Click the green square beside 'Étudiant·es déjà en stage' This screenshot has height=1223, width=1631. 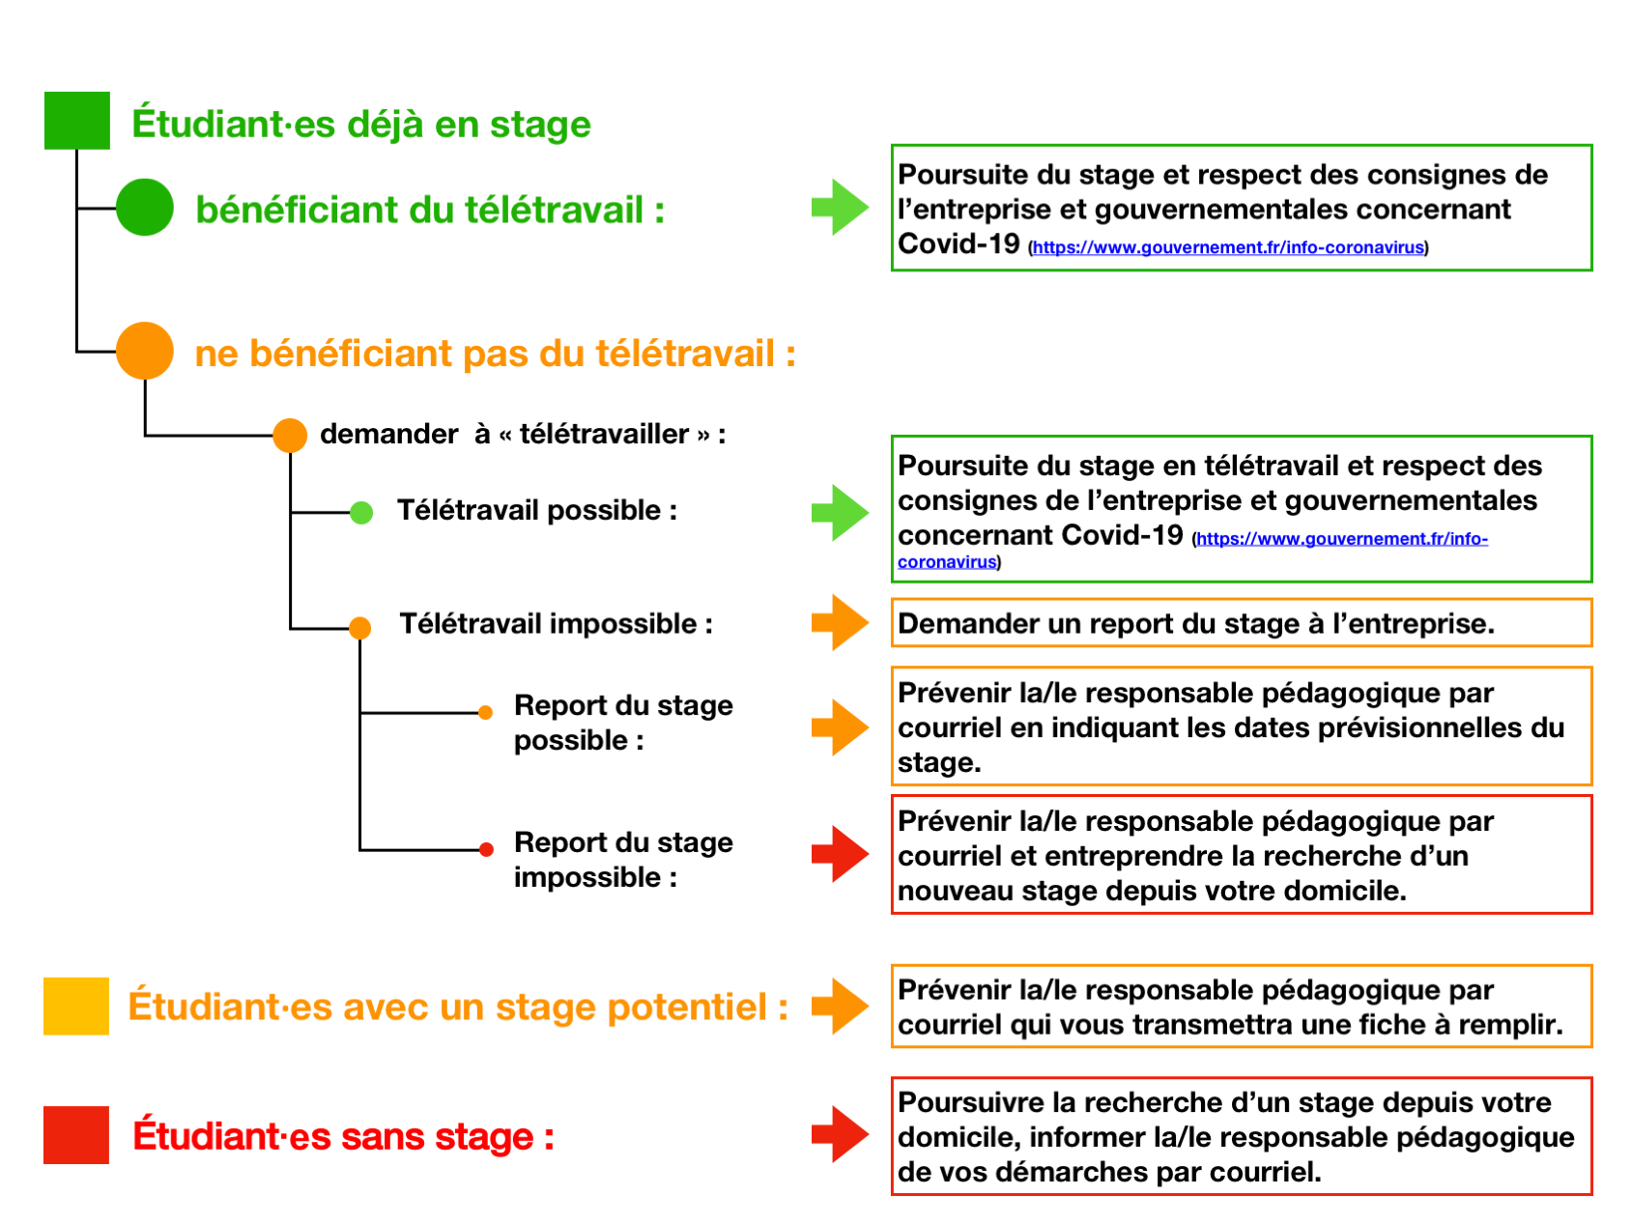click(77, 121)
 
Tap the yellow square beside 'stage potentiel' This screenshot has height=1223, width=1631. click(76, 1007)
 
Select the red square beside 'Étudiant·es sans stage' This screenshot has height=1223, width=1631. click(76, 1135)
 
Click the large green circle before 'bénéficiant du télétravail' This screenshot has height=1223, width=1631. click(145, 208)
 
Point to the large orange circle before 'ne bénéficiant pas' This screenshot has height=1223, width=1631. click(145, 351)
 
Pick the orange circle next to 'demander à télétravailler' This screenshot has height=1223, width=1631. click(290, 436)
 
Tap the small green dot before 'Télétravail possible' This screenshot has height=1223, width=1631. click(361, 513)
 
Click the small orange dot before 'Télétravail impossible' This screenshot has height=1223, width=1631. click(359, 629)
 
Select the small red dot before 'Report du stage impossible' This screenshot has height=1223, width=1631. click(487, 850)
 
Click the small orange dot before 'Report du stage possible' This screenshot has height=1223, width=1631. click(486, 713)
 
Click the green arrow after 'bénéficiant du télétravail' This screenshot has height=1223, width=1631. click(841, 208)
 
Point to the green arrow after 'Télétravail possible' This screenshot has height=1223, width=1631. click(841, 513)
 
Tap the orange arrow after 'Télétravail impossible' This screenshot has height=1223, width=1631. click(841, 623)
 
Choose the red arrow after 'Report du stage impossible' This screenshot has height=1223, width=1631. click(841, 854)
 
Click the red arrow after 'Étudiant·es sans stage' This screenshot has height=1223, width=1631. click(841, 1135)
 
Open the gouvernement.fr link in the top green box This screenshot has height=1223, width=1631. click(1228, 248)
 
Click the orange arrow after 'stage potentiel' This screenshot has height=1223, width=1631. click(841, 1007)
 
